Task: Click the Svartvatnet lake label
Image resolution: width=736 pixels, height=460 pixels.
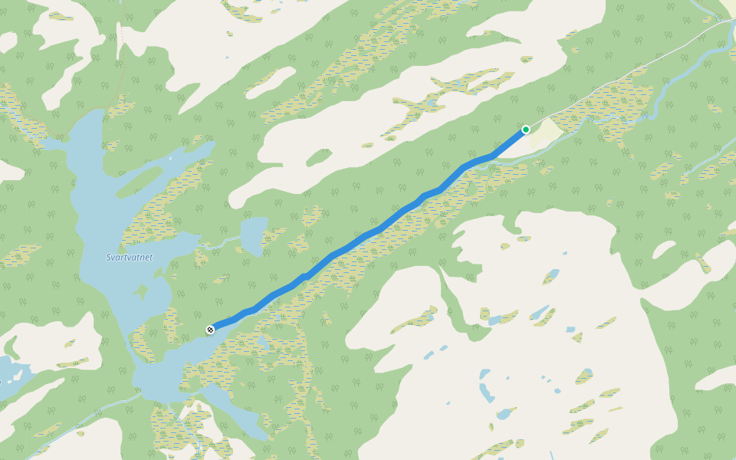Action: (x=129, y=258)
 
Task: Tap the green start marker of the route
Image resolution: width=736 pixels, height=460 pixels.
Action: (x=526, y=130)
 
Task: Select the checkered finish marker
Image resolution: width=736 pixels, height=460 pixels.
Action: (x=210, y=330)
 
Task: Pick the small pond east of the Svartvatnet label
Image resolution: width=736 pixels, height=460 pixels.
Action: (x=253, y=235)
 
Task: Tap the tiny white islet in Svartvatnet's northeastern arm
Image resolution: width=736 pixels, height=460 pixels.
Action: (x=170, y=159)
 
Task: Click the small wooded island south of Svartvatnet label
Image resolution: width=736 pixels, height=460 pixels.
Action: (x=140, y=292)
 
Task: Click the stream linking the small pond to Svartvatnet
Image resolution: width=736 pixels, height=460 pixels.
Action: (x=222, y=243)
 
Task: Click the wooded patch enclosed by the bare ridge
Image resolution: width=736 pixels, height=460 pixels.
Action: (x=318, y=157)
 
